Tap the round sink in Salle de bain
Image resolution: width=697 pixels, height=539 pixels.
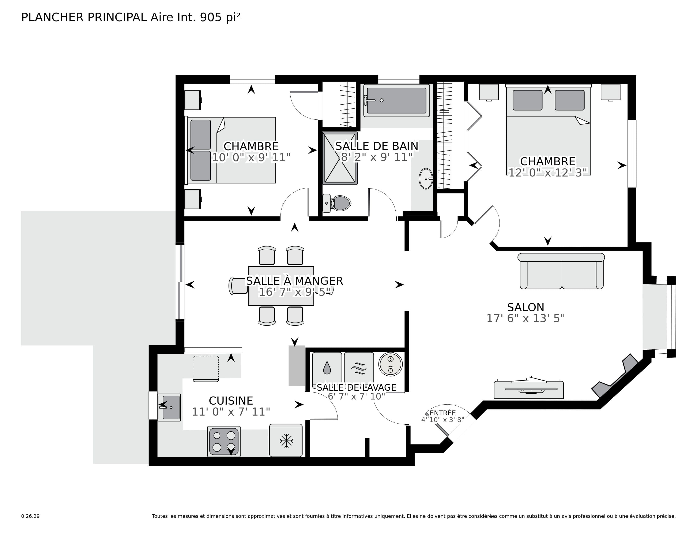coord(426,179)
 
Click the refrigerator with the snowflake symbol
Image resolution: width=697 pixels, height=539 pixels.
coord(286,441)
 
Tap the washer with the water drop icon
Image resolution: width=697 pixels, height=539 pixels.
coord(327,367)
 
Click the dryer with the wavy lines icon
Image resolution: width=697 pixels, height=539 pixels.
coord(359,367)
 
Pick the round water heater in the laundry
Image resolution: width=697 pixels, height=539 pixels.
coord(390,364)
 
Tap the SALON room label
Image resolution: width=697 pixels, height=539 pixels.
coord(525,307)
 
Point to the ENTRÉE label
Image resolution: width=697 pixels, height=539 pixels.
coord(443,413)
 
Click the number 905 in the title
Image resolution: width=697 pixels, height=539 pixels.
coord(211,18)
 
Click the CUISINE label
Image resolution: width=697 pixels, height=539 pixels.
coord(231,400)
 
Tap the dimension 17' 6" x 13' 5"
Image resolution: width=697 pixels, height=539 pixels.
coord(525,318)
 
